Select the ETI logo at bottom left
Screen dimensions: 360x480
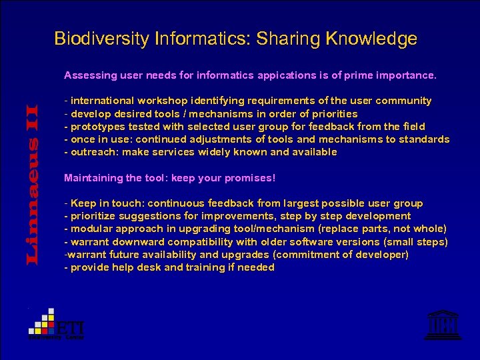click(56, 325)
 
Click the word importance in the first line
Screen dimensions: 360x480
click(408, 75)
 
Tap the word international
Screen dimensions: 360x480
click(102, 101)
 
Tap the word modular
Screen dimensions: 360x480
click(90, 229)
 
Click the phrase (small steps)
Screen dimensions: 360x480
click(415, 241)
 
